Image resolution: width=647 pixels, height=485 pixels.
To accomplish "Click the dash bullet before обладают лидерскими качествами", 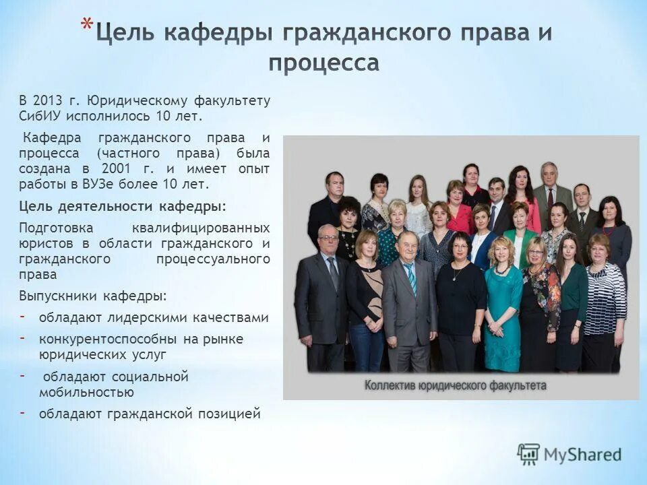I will (23, 317).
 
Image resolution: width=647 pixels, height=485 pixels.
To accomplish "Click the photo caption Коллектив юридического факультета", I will (456, 385).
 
